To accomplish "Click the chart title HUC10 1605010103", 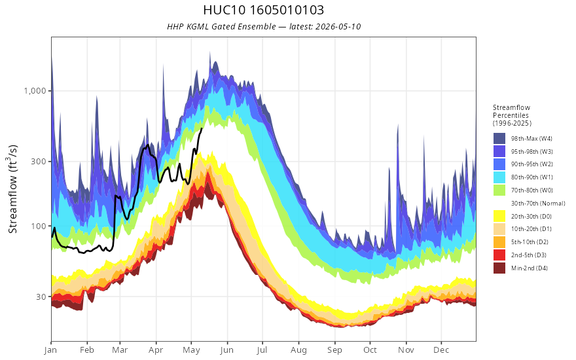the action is (263, 10).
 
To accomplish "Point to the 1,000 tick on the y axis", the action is (35, 91).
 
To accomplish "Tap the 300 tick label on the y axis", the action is (39, 161).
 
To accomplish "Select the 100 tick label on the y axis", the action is (39, 226).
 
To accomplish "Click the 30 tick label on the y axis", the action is (41, 297).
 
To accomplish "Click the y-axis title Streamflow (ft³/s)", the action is (13, 189).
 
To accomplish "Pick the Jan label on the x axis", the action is (51, 350).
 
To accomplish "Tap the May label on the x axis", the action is (191, 350).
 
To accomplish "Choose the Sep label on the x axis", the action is (334, 350).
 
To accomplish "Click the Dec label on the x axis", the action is (441, 350).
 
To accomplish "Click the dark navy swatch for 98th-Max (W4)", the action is (499, 139).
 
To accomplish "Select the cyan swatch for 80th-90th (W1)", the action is (499, 177).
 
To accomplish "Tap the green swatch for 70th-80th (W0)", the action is (499, 190).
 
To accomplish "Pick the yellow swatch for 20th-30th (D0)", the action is (499, 217).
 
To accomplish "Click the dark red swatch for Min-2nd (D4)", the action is (499, 268).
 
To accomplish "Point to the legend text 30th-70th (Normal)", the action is (538, 204).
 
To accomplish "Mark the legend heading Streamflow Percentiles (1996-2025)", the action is (512, 115).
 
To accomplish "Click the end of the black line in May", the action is (202, 128).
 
